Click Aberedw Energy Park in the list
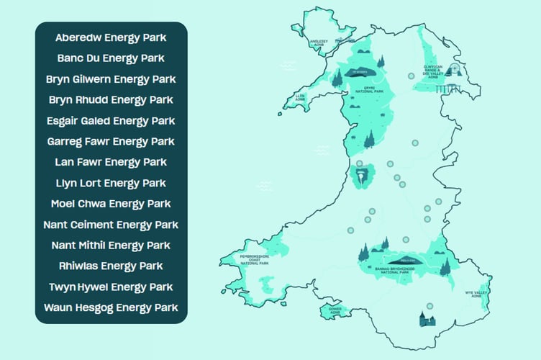(x=111, y=37)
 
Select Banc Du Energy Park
(x=111, y=58)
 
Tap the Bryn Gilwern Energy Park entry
(x=111, y=78)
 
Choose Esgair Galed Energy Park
(x=111, y=120)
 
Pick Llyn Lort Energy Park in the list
(x=111, y=183)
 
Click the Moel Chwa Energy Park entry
(x=111, y=204)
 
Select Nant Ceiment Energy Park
(x=111, y=225)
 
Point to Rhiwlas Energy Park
(x=111, y=266)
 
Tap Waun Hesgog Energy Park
(x=111, y=308)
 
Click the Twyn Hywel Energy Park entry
(x=111, y=287)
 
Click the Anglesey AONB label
(x=318, y=42)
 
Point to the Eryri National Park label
(x=372, y=91)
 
